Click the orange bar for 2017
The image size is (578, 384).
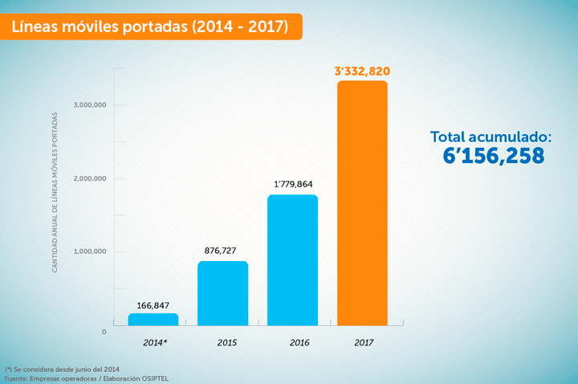coord(362,204)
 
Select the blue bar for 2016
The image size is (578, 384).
coord(292,261)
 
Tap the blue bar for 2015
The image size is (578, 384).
coord(222,294)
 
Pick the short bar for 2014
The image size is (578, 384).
coord(153,320)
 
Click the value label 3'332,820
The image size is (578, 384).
coord(362,71)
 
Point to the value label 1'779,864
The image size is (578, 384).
coord(292,185)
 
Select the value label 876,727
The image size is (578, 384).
coord(222,251)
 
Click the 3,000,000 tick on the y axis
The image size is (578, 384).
coord(89,105)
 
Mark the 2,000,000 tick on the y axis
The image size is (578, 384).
coord(89,178)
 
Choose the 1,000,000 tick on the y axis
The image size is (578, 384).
coord(89,251)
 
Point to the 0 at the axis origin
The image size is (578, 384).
coord(104,331)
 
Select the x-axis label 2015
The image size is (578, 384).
coord(226,343)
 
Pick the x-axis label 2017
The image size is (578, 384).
coord(364,343)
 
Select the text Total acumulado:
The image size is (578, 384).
coord(491,136)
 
